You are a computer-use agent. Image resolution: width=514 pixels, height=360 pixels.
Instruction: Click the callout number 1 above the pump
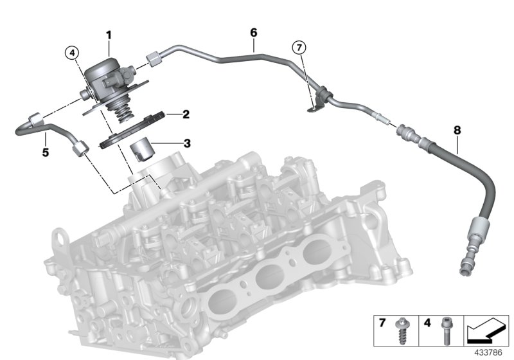[109, 34]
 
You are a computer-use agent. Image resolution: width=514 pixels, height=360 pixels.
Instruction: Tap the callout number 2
[185, 115]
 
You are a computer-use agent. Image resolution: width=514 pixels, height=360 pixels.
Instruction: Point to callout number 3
[186, 144]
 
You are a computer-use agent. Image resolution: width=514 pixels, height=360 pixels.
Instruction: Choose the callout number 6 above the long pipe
[253, 32]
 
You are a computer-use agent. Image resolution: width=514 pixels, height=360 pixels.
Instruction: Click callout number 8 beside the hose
[457, 130]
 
